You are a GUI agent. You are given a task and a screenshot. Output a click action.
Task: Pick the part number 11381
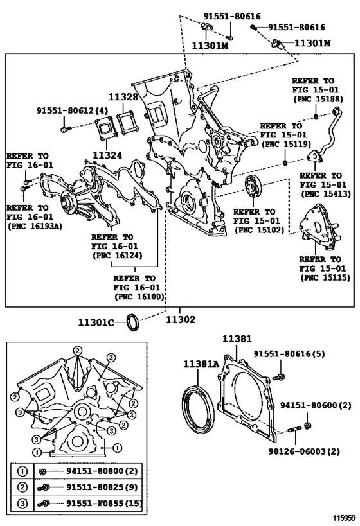click(237, 338)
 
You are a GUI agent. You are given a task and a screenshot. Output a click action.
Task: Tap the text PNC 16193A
click(35, 226)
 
